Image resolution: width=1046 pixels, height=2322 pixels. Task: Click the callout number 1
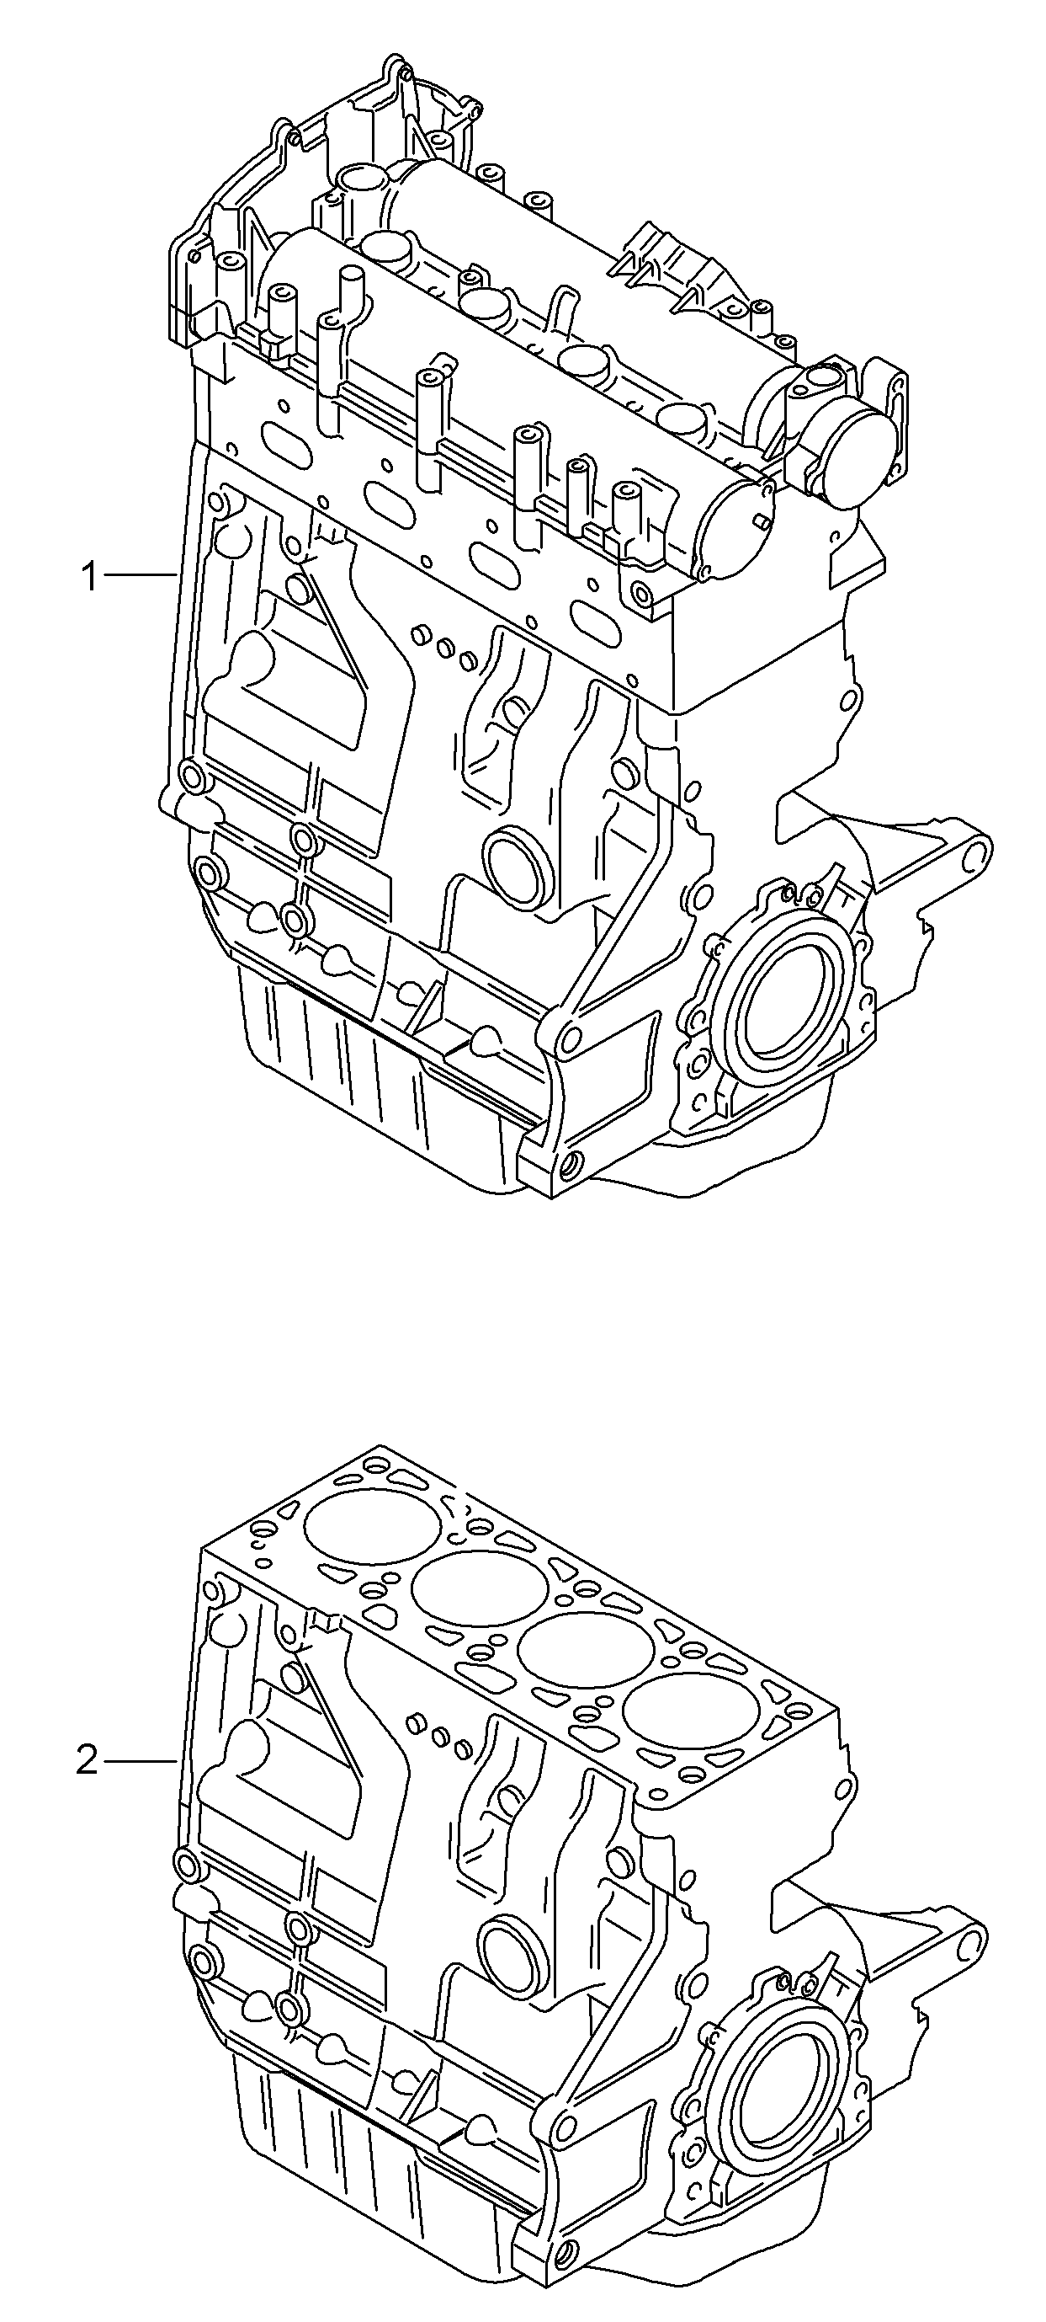click(x=89, y=575)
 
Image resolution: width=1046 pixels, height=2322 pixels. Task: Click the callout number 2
click(x=87, y=1759)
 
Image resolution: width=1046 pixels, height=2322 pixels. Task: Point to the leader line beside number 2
click(x=141, y=1759)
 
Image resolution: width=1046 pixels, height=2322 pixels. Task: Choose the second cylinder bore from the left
click(x=480, y=1582)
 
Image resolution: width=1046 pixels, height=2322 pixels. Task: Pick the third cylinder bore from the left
click(x=586, y=1644)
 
